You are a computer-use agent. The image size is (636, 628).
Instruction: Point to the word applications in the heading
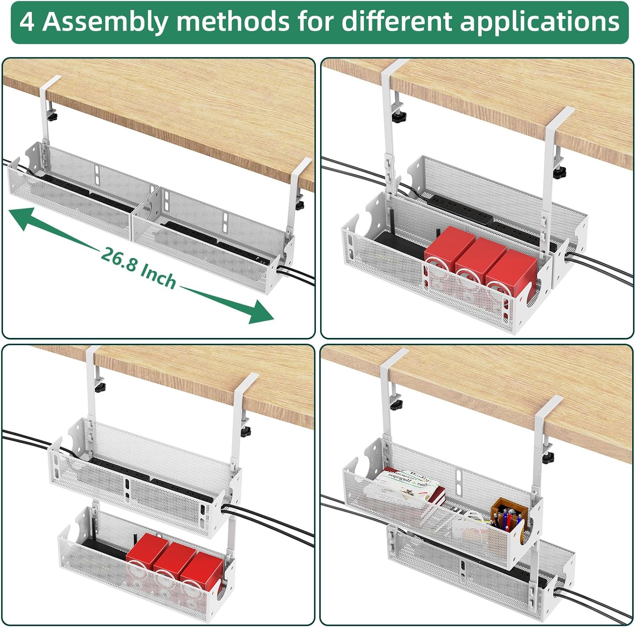pos(540,22)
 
